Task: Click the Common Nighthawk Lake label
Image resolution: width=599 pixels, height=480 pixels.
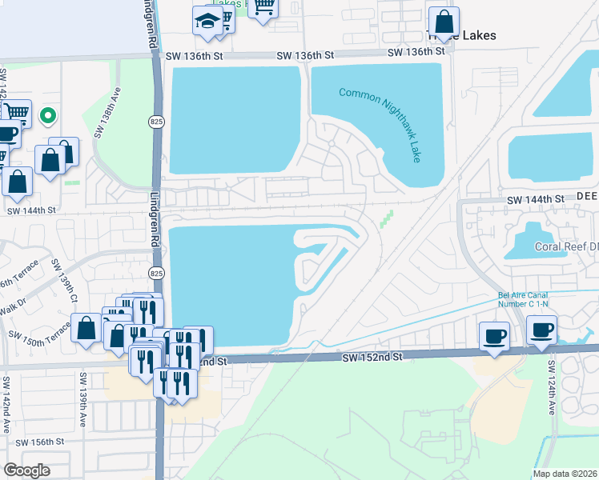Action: (x=380, y=124)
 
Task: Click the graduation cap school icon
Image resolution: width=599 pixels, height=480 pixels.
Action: (x=208, y=22)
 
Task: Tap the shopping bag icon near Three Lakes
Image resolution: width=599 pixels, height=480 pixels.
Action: (x=444, y=22)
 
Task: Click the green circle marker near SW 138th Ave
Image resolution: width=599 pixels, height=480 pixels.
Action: (x=48, y=116)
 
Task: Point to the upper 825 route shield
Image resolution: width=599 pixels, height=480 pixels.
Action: (x=156, y=121)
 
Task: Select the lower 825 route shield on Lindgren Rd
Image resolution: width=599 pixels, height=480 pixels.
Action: (x=157, y=273)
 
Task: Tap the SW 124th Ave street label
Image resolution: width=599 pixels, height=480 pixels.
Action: (x=552, y=386)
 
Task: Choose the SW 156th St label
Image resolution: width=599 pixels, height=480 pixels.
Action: (x=39, y=442)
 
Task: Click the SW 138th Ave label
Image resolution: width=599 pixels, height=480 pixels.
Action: (x=107, y=112)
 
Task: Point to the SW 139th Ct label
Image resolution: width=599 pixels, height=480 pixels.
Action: (x=63, y=280)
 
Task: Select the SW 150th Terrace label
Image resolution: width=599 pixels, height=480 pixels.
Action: (x=40, y=337)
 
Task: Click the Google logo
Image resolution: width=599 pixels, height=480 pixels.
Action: (x=26, y=470)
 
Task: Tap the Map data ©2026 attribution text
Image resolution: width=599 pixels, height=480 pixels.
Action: (x=565, y=474)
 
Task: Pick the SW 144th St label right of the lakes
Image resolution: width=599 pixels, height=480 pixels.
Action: (x=534, y=198)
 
